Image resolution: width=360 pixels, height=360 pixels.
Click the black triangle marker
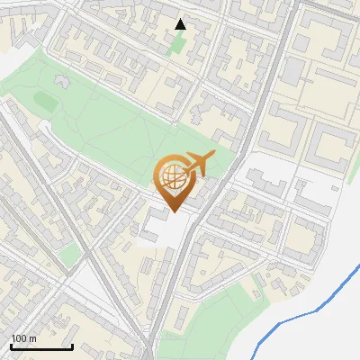tap(180, 24)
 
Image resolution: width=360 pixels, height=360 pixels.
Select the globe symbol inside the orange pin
tap(172, 177)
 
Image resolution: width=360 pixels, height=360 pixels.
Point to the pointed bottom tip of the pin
tap(172, 211)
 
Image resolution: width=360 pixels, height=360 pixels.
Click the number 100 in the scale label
tap(19, 338)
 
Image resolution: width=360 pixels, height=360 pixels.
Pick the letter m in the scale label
tap(32, 338)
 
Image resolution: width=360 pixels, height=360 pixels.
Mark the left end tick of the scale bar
tap(10, 345)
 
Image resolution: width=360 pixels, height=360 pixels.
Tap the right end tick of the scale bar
tap(72, 345)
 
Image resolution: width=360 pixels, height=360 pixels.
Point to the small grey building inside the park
tap(63, 80)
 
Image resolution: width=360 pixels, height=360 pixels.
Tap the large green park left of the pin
tap(108, 126)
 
